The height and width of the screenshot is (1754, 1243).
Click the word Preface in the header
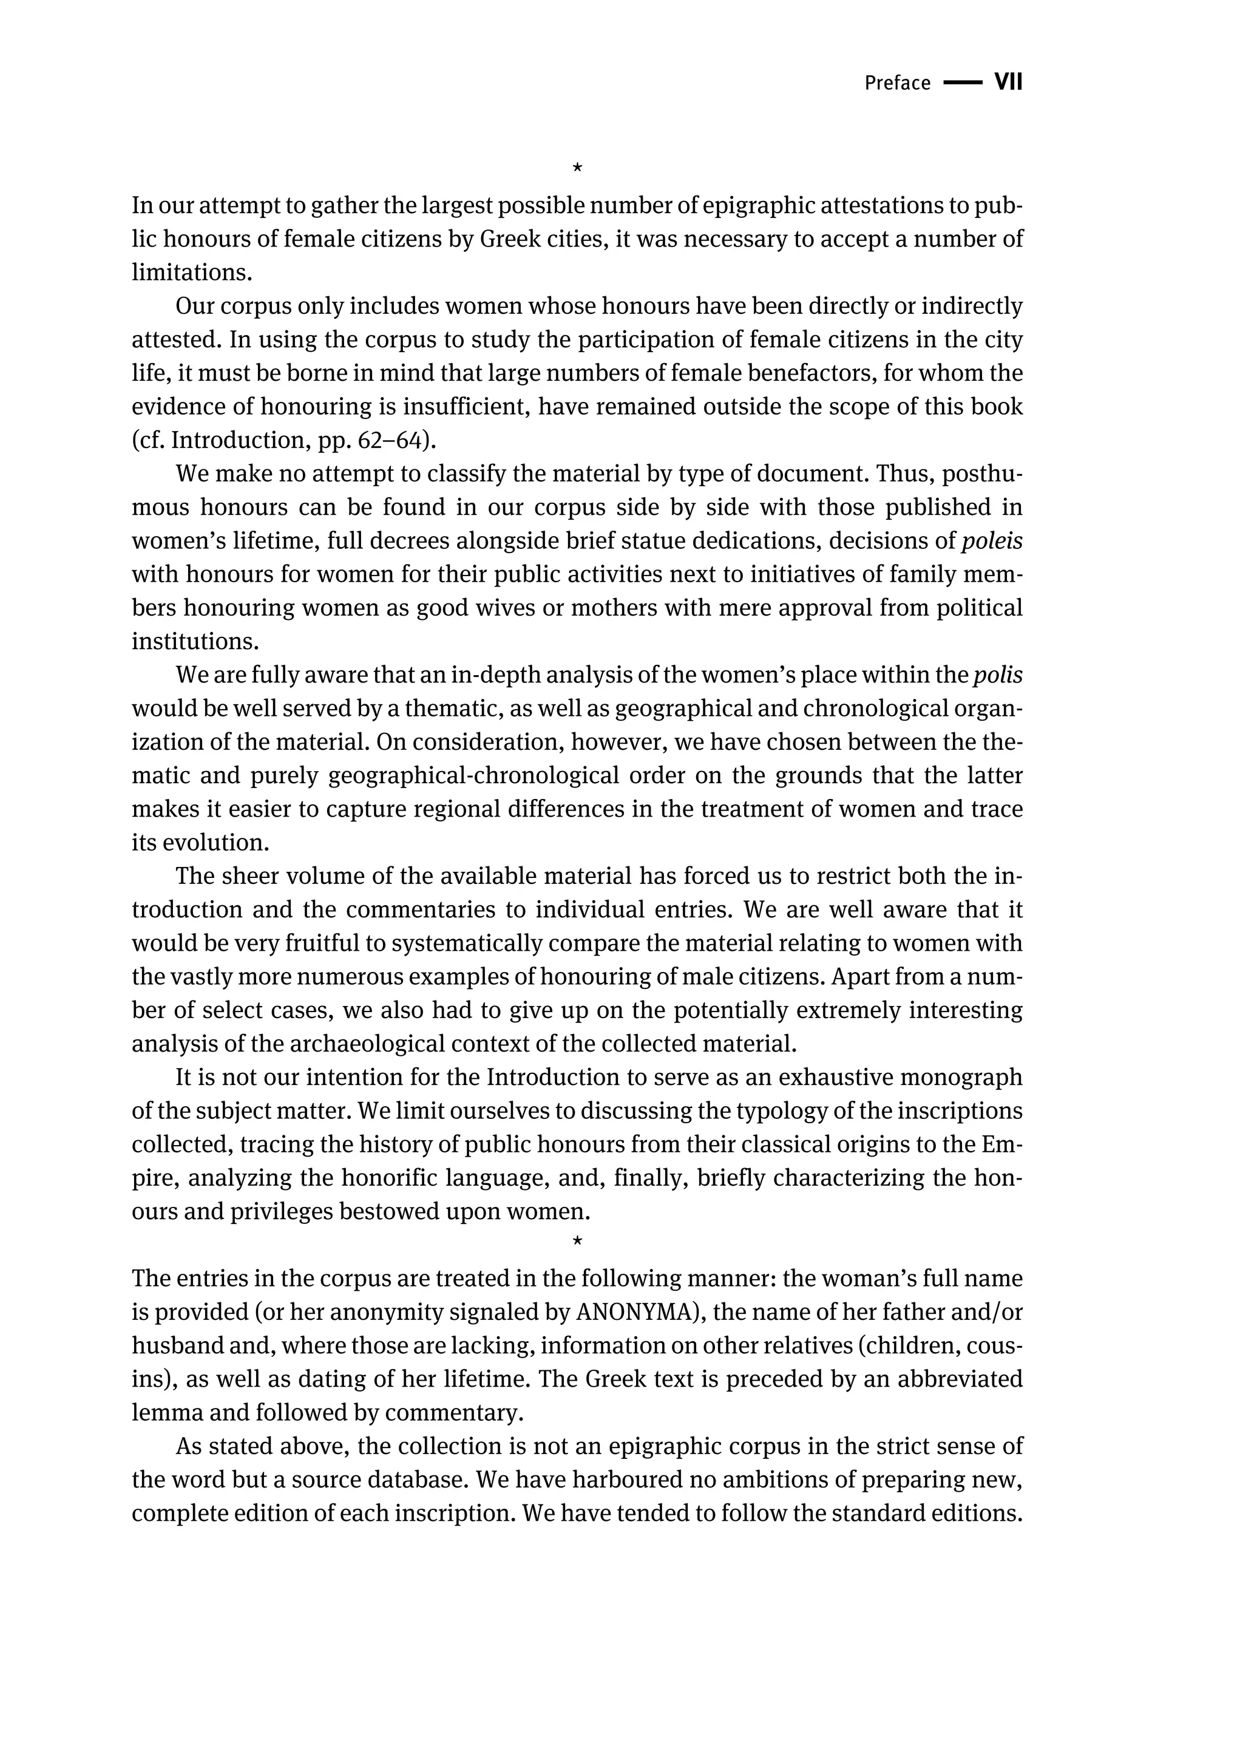coord(897,83)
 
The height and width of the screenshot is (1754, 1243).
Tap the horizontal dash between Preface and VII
coord(962,83)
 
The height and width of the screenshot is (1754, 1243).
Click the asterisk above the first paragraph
coord(577,167)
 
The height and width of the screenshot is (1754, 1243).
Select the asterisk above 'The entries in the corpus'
coord(577,1240)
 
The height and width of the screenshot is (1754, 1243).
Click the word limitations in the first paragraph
coord(191,273)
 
